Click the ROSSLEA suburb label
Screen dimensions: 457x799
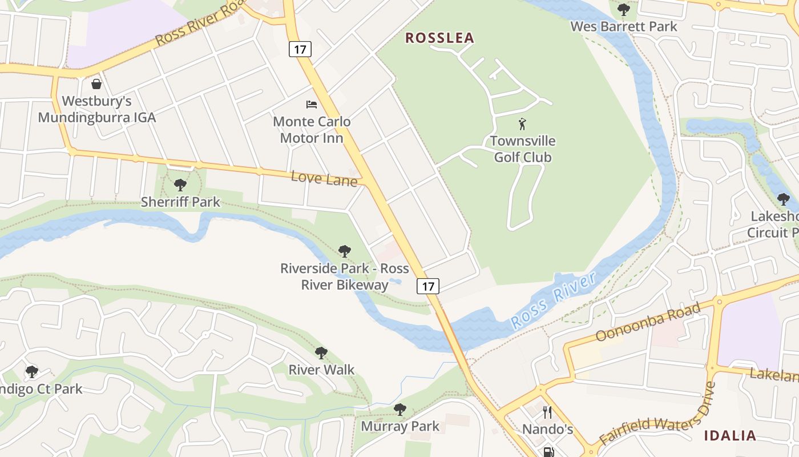pyautogui.click(x=439, y=38)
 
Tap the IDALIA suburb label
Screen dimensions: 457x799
pyautogui.click(x=730, y=436)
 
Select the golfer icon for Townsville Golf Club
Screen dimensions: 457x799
pyautogui.click(x=522, y=123)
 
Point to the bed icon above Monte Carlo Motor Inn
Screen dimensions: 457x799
pyautogui.click(x=312, y=104)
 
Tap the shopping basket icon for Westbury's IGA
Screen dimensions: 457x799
pyautogui.click(x=96, y=85)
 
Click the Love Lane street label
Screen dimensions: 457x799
pyautogui.click(x=324, y=178)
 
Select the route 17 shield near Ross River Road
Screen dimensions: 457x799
pyautogui.click(x=300, y=49)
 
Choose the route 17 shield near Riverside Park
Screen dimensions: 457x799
pyautogui.click(x=428, y=286)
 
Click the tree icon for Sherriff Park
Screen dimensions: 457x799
pyautogui.click(x=180, y=185)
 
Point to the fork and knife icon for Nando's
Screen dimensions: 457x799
pyautogui.click(x=547, y=412)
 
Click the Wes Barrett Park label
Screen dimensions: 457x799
pyautogui.click(x=624, y=26)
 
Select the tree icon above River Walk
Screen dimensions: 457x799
pyautogui.click(x=321, y=353)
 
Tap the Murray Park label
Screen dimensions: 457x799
pyautogui.click(x=400, y=426)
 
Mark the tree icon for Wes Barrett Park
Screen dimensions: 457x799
pyautogui.click(x=624, y=9)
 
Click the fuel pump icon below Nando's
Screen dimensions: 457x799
pyautogui.click(x=548, y=452)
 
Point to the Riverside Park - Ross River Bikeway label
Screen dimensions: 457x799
pyautogui.click(x=344, y=276)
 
